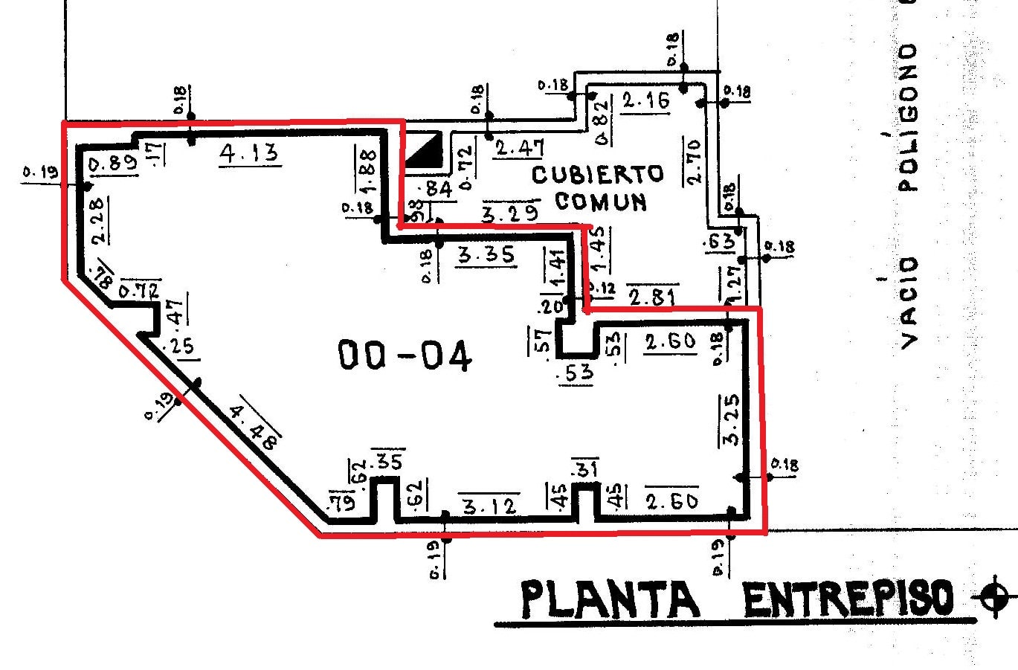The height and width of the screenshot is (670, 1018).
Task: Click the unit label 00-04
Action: (405, 355)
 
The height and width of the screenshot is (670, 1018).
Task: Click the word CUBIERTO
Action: (597, 176)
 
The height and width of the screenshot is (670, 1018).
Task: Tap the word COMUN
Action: (600, 202)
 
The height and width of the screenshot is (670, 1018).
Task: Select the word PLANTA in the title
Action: (610, 599)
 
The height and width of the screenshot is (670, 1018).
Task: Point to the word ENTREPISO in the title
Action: (848, 599)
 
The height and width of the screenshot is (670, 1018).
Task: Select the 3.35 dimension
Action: (486, 255)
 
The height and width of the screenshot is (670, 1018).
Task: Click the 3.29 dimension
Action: (510, 213)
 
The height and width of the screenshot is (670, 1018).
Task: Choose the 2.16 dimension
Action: (645, 100)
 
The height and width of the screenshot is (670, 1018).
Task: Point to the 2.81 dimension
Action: (651, 297)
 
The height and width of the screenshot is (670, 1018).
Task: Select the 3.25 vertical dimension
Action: (730, 421)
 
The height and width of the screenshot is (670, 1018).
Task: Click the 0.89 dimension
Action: (112, 164)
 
